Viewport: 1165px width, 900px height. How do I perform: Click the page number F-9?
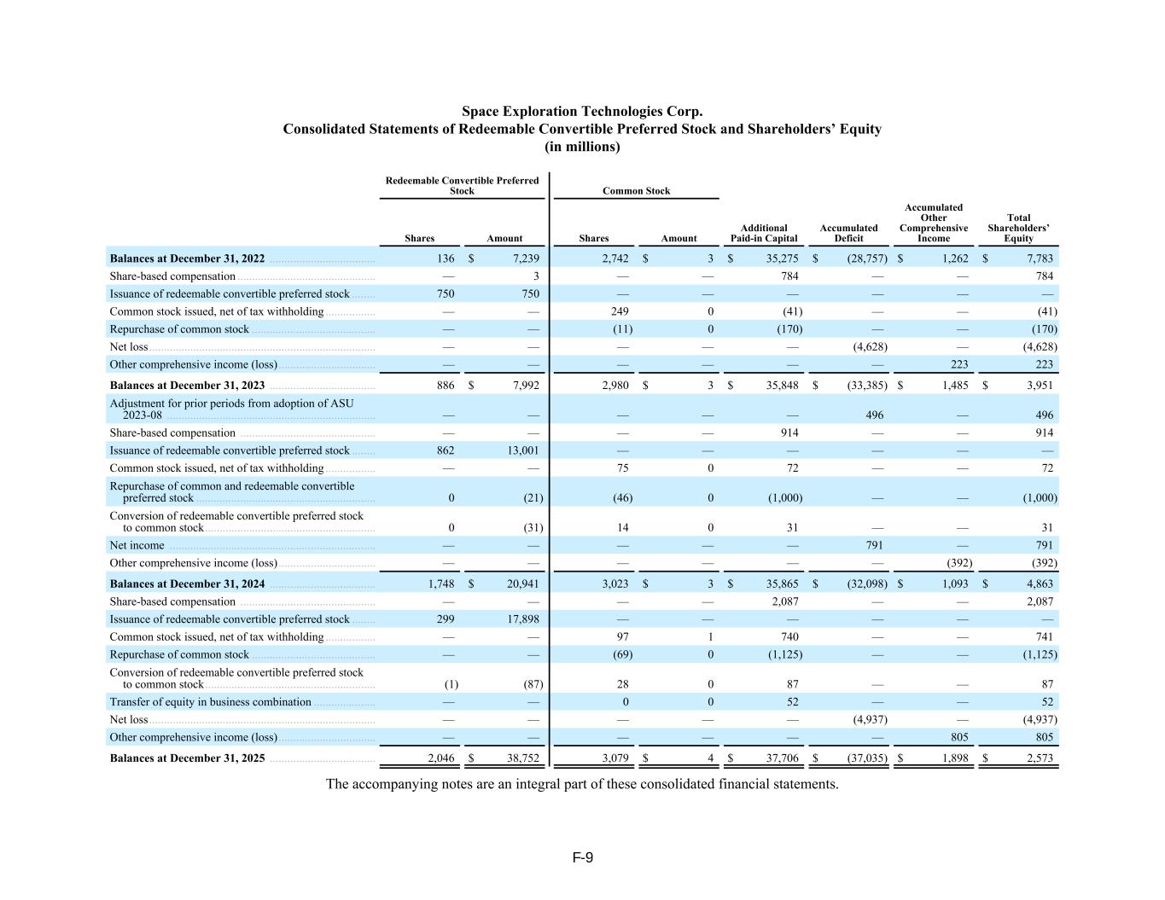[x=582, y=857]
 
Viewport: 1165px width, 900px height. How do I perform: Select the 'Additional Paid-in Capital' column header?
[x=764, y=233]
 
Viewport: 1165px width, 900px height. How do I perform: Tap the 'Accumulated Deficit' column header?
[x=848, y=233]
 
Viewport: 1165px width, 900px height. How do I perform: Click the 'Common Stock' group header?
[x=636, y=191]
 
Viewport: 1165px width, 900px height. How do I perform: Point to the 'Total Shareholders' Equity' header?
[x=1018, y=228]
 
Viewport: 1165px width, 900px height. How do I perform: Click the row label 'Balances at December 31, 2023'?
[x=187, y=386]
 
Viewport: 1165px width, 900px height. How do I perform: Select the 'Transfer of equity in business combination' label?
[x=210, y=702]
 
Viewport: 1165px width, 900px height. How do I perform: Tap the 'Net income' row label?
[x=137, y=545]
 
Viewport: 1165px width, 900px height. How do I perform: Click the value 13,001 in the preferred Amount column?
[x=522, y=450]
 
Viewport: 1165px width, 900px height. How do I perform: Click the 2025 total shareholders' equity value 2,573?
[x=1040, y=758]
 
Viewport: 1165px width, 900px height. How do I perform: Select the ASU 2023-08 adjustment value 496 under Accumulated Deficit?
[x=874, y=415]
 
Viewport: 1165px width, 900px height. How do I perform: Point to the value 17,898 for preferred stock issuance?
[x=522, y=619]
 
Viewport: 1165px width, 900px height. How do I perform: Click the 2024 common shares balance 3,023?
[x=615, y=584]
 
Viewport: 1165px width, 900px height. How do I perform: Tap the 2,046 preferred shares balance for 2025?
[x=440, y=758]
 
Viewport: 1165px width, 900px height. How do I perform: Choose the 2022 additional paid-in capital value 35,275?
[x=782, y=258]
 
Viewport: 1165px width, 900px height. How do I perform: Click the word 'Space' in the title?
[x=479, y=112]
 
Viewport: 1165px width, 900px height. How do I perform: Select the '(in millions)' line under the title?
[x=582, y=147]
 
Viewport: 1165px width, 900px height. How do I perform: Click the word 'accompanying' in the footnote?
[x=392, y=784]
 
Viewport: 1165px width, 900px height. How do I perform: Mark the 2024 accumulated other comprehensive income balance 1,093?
[x=955, y=584]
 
